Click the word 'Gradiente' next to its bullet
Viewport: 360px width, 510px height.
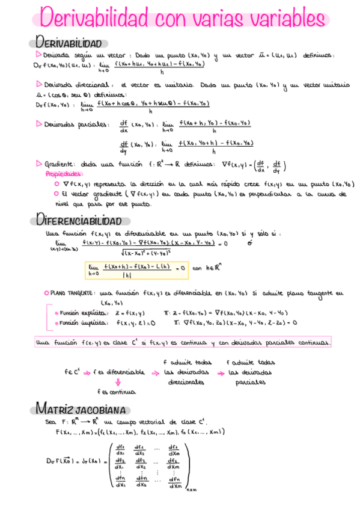coord(59,164)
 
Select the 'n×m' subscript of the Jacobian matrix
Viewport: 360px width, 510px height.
coord(192,491)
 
